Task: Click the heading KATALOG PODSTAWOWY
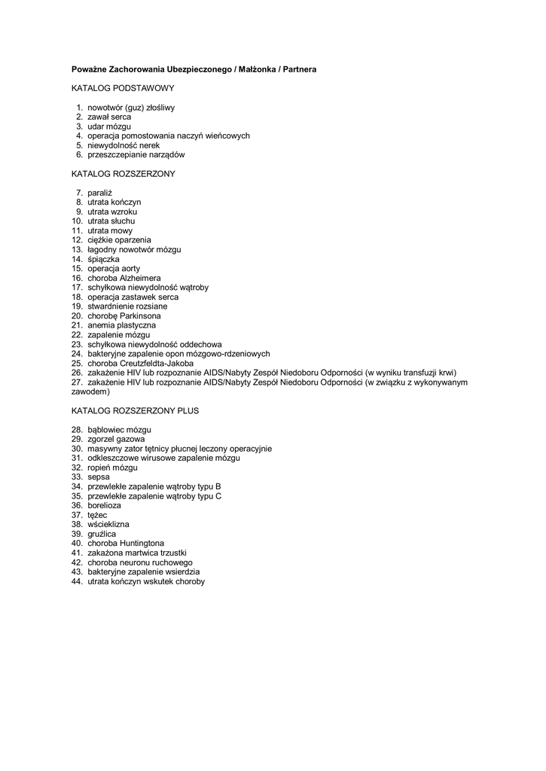[x=123, y=88]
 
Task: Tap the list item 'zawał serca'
[x=109, y=117]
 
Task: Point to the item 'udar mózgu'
[x=109, y=126]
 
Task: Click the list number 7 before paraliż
[x=78, y=193]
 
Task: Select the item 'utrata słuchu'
[x=111, y=221]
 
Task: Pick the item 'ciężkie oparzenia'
[x=119, y=240]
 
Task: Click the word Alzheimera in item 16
[x=140, y=278]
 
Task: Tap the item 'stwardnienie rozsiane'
[x=127, y=306]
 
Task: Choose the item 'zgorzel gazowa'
[x=116, y=439]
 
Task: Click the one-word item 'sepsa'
[x=99, y=477]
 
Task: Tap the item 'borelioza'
[x=105, y=505]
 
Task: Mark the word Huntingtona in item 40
[x=142, y=543]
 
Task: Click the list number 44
[x=77, y=581]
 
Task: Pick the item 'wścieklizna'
[x=108, y=524]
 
